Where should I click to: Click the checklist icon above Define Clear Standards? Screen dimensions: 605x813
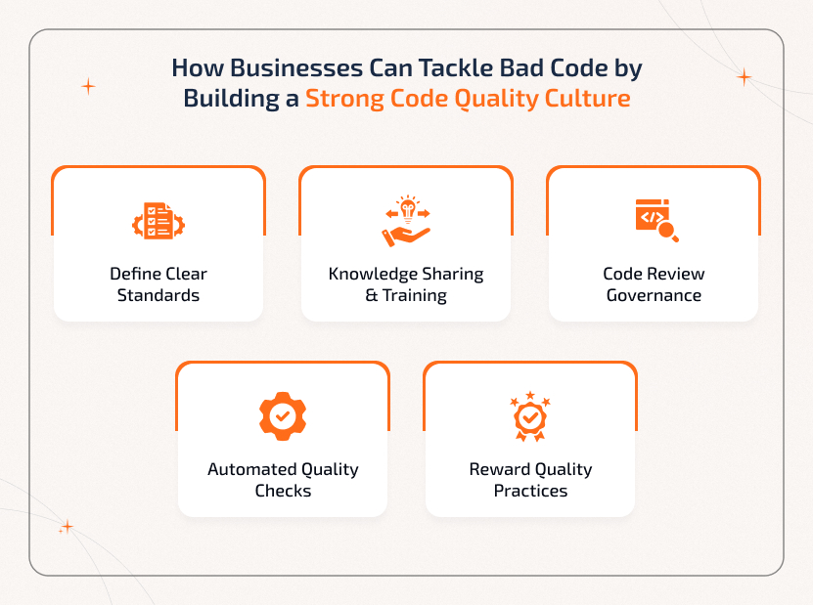point(158,221)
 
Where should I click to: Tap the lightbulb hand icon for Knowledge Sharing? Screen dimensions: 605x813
point(406,221)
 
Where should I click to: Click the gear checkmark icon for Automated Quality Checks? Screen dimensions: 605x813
point(282,415)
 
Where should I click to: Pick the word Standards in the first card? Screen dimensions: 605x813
point(158,295)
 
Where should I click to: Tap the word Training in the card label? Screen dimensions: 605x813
point(415,295)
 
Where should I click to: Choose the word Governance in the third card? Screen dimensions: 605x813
point(654,295)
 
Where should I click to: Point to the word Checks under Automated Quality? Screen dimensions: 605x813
point(283,491)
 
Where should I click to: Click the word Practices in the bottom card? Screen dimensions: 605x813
point(530,491)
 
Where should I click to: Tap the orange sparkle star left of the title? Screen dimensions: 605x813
point(88,86)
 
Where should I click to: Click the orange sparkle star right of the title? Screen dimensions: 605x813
point(744,77)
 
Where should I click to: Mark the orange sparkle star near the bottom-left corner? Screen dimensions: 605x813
point(67,527)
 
